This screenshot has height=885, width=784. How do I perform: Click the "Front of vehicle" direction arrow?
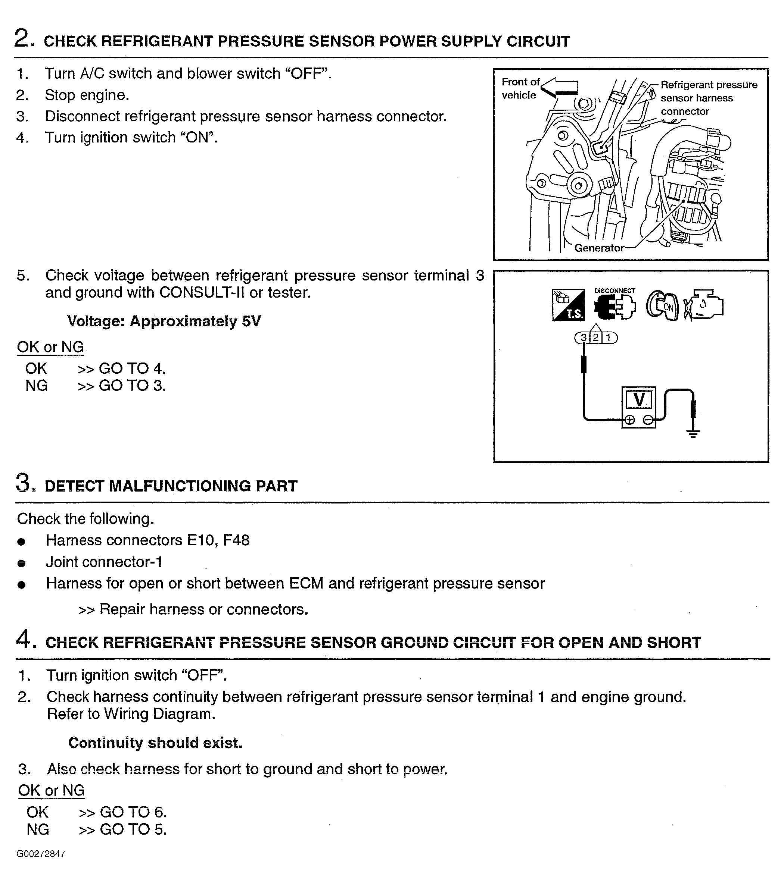560,88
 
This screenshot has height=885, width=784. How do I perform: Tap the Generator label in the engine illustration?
599,248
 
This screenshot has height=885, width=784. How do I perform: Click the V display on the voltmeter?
639,399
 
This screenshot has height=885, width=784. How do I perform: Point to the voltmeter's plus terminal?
630,420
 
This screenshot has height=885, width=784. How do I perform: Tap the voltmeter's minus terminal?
648,420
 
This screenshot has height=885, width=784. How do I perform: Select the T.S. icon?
568,305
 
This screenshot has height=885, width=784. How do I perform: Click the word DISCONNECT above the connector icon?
615,291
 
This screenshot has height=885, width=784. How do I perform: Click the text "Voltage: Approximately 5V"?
164,321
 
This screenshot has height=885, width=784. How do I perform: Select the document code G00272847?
41,854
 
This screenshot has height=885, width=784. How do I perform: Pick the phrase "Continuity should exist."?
155,743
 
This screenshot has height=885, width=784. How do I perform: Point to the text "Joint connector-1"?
104,562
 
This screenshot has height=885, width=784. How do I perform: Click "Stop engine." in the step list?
87,95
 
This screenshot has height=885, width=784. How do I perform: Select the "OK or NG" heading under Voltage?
50,347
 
